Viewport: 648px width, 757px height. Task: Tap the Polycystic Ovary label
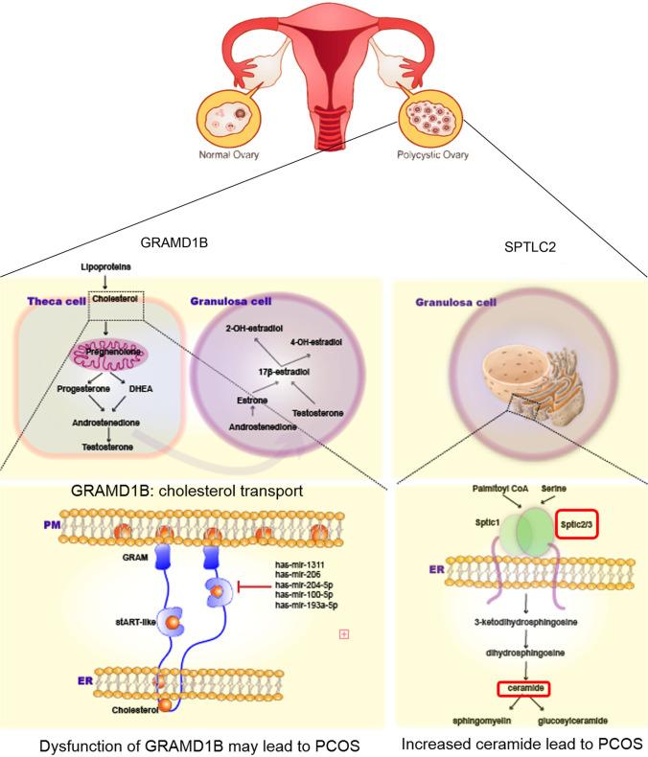click(432, 154)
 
